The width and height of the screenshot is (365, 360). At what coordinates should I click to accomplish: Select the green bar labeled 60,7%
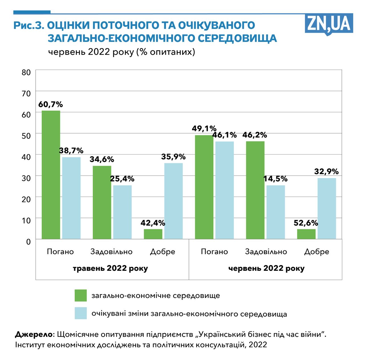(x=51, y=175)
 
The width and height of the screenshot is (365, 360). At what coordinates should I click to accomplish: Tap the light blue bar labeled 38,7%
(x=71, y=198)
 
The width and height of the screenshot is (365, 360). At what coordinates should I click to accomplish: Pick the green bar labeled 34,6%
(x=102, y=202)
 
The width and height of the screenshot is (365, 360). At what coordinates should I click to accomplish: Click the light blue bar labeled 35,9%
(x=173, y=201)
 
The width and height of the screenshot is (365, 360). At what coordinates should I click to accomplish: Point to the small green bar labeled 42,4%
(x=153, y=234)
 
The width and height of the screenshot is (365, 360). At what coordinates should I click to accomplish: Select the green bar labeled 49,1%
(x=204, y=187)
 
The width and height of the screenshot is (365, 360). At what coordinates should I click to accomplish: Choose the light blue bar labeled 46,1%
(x=224, y=190)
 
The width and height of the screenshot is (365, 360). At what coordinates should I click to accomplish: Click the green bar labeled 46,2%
(x=255, y=190)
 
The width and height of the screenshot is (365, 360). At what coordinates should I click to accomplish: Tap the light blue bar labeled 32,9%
(x=327, y=208)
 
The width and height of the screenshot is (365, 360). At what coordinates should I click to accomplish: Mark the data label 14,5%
(x=275, y=179)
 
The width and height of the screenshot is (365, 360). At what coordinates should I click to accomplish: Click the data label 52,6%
(x=306, y=223)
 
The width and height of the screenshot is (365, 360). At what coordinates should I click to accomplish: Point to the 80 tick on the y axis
(x=26, y=72)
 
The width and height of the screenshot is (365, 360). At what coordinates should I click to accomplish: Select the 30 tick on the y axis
(x=26, y=178)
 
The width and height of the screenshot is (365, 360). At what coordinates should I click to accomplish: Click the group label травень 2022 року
(x=110, y=268)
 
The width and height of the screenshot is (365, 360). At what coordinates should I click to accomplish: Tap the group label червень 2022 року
(x=266, y=268)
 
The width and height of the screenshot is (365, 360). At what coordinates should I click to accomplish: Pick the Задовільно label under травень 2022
(x=111, y=252)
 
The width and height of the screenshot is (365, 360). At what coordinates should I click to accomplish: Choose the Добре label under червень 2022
(x=317, y=252)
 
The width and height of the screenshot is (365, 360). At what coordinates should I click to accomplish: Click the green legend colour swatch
(x=81, y=296)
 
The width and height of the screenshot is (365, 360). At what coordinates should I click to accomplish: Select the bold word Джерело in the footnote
(x=34, y=334)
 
